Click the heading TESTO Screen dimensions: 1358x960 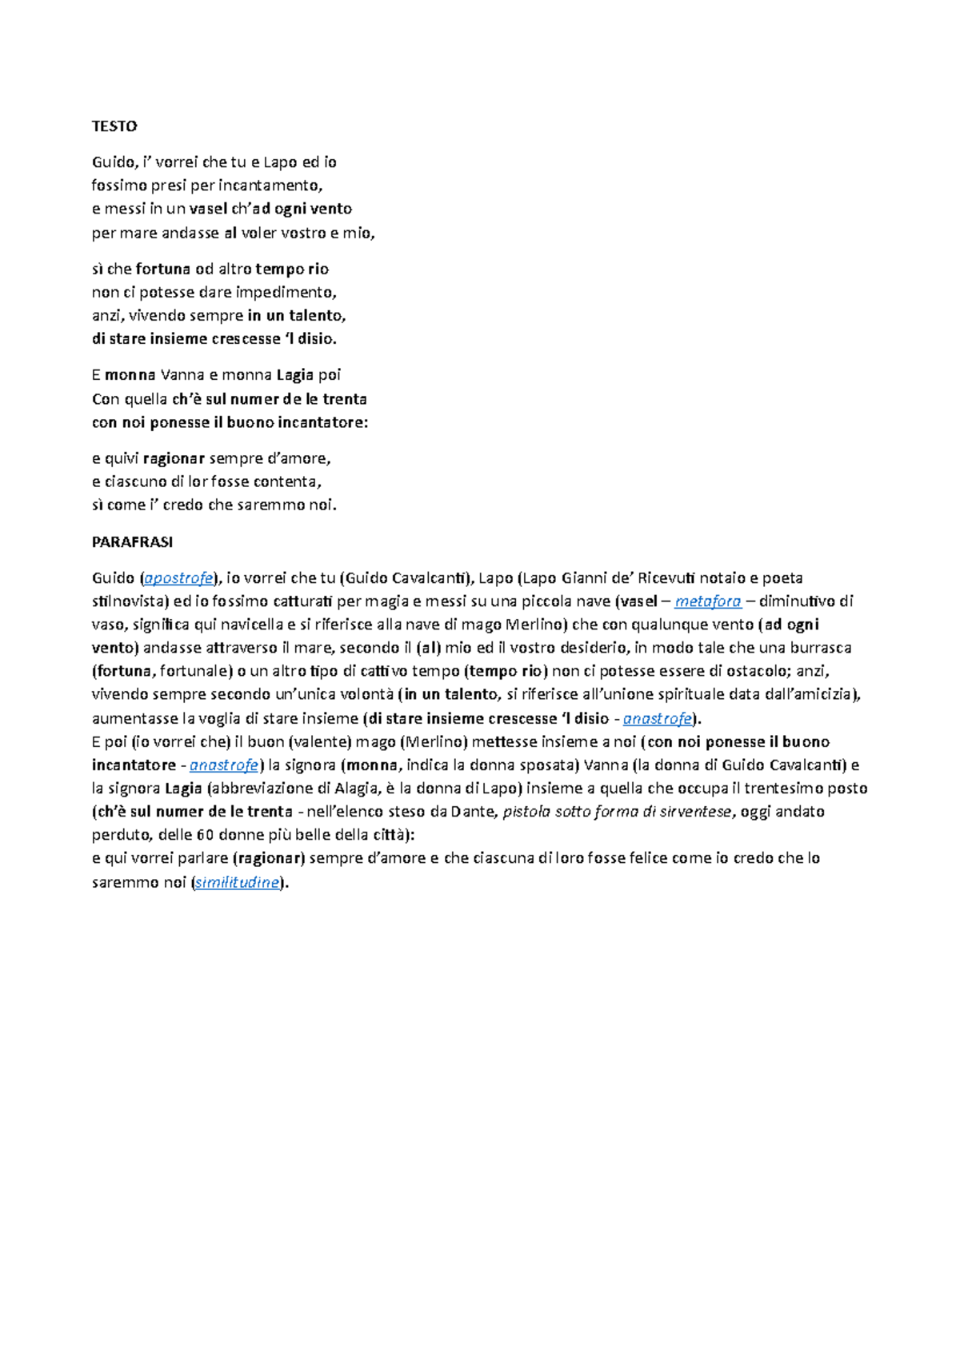114,126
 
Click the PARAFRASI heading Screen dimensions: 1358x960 132,541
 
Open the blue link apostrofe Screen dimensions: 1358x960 178,578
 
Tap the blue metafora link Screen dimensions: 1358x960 708,601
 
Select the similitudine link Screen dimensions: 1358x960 238,883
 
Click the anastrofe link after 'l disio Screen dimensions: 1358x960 657,718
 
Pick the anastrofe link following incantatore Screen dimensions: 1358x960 223,765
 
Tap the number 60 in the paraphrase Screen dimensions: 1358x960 204,835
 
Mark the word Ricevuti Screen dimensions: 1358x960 667,578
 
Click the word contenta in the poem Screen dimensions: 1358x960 282,481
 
